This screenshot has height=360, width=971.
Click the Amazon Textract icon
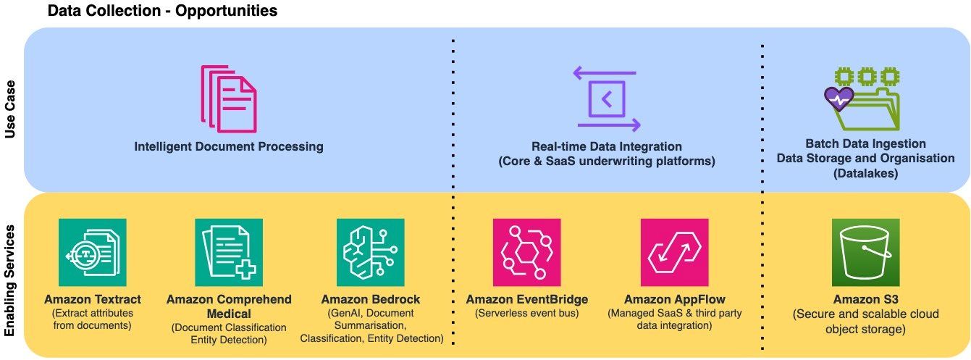pyautogui.click(x=92, y=252)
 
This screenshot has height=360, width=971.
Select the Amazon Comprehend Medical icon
pyautogui.click(x=229, y=252)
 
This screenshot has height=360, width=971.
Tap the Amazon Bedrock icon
pyautogui.click(x=370, y=252)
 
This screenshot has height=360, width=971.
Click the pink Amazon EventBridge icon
pyautogui.click(x=526, y=252)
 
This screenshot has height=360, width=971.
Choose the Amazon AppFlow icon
pyautogui.click(x=674, y=252)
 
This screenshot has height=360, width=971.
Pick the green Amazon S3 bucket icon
pyautogui.click(x=866, y=252)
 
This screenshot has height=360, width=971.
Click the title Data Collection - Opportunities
pyautogui.click(x=162, y=12)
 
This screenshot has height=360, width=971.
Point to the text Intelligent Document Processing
pyautogui.click(x=228, y=147)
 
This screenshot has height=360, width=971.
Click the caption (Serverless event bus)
pyautogui.click(x=526, y=313)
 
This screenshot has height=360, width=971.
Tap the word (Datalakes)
pyautogui.click(x=865, y=173)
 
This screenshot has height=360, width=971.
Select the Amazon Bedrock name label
pyautogui.click(x=370, y=299)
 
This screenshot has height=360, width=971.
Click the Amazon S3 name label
pyautogui.click(x=865, y=299)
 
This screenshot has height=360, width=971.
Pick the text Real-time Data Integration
pyautogui.click(x=606, y=147)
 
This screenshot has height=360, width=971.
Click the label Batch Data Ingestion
pyautogui.click(x=865, y=144)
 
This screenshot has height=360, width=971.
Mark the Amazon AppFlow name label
pyautogui.click(x=674, y=299)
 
